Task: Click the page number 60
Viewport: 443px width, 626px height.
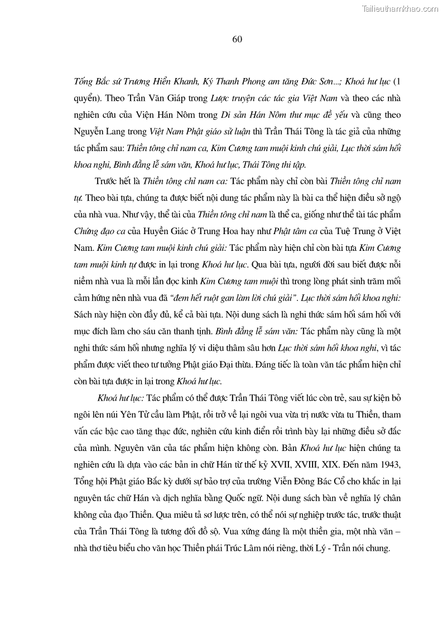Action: tap(236, 39)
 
